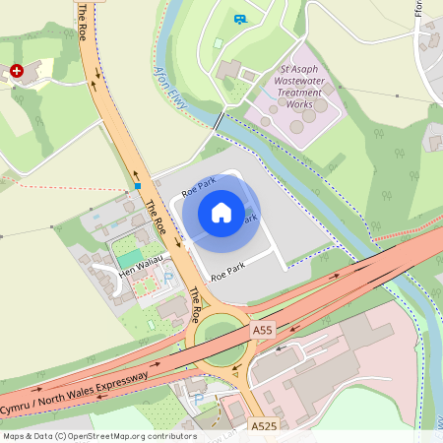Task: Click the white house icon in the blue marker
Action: tap(221, 213)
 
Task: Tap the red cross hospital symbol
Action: tap(17, 72)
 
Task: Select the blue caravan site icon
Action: tap(240, 19)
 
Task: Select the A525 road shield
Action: tap(263, 426)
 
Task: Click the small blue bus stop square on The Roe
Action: tap(139, 185)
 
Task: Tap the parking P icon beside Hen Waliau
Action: tap(166, 279)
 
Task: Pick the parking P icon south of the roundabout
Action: tap(199, 399)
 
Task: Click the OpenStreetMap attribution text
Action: tap(98, 436)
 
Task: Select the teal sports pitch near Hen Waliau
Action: tap(129, 258)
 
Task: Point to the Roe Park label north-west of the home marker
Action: tap(198, 184)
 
